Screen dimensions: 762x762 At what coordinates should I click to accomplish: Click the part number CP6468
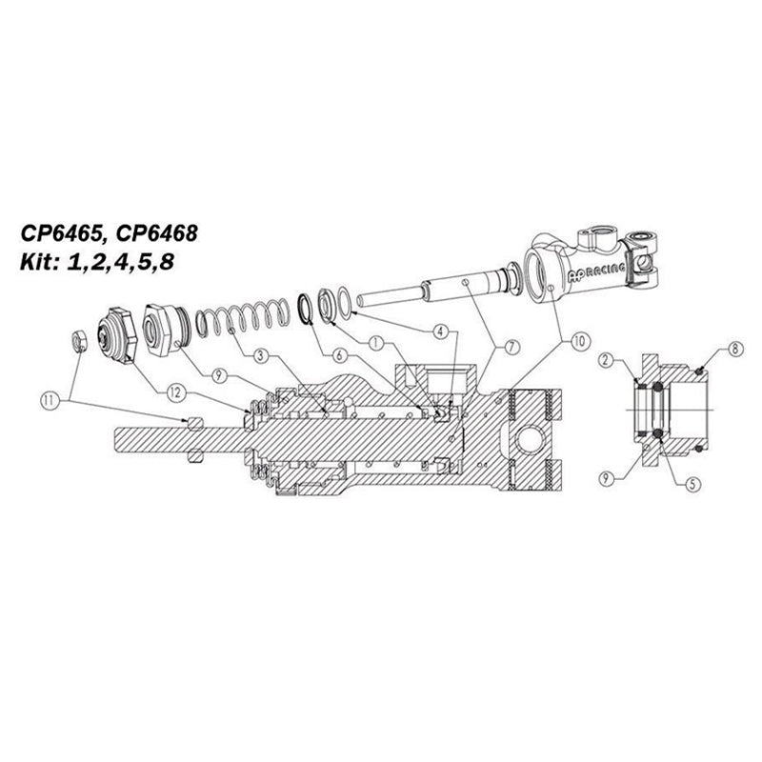[x=157, y=233]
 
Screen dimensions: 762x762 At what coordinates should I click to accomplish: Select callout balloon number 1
[x=375, y=344]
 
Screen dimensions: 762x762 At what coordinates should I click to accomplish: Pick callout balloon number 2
[x=606, y=360]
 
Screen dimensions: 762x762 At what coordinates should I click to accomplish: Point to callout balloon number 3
[x=261, y=355]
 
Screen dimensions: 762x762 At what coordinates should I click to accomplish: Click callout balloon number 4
[x=440, y=331]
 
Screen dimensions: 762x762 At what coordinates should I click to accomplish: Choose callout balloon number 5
[x=692, y=484]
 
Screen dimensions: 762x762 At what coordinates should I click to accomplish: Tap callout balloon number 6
[x=339, y=355]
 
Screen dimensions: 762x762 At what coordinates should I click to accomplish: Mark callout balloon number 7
[x=511, y=347]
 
